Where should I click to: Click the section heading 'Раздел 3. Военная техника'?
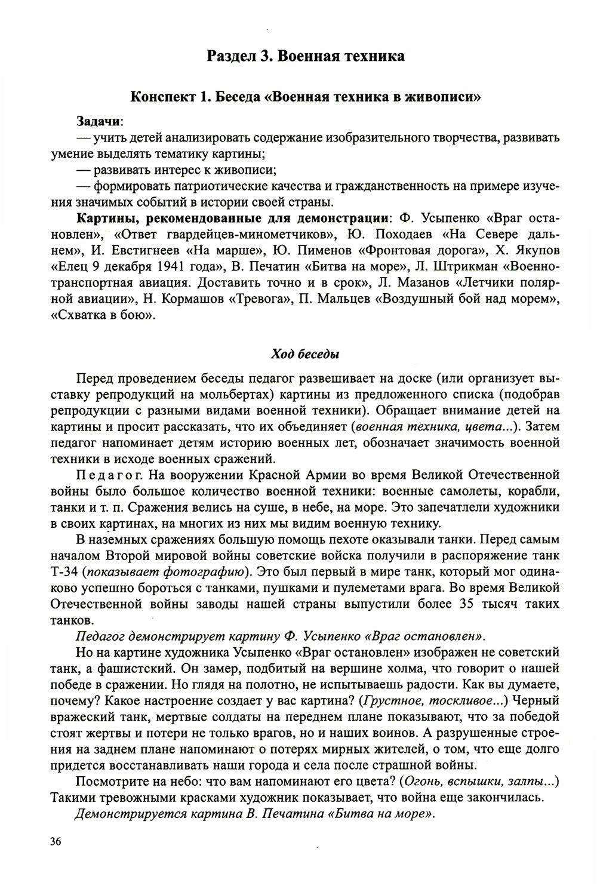pyautogui.click(x=305, y=56)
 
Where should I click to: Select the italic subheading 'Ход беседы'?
pyautogui.click(x=305, y=354)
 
